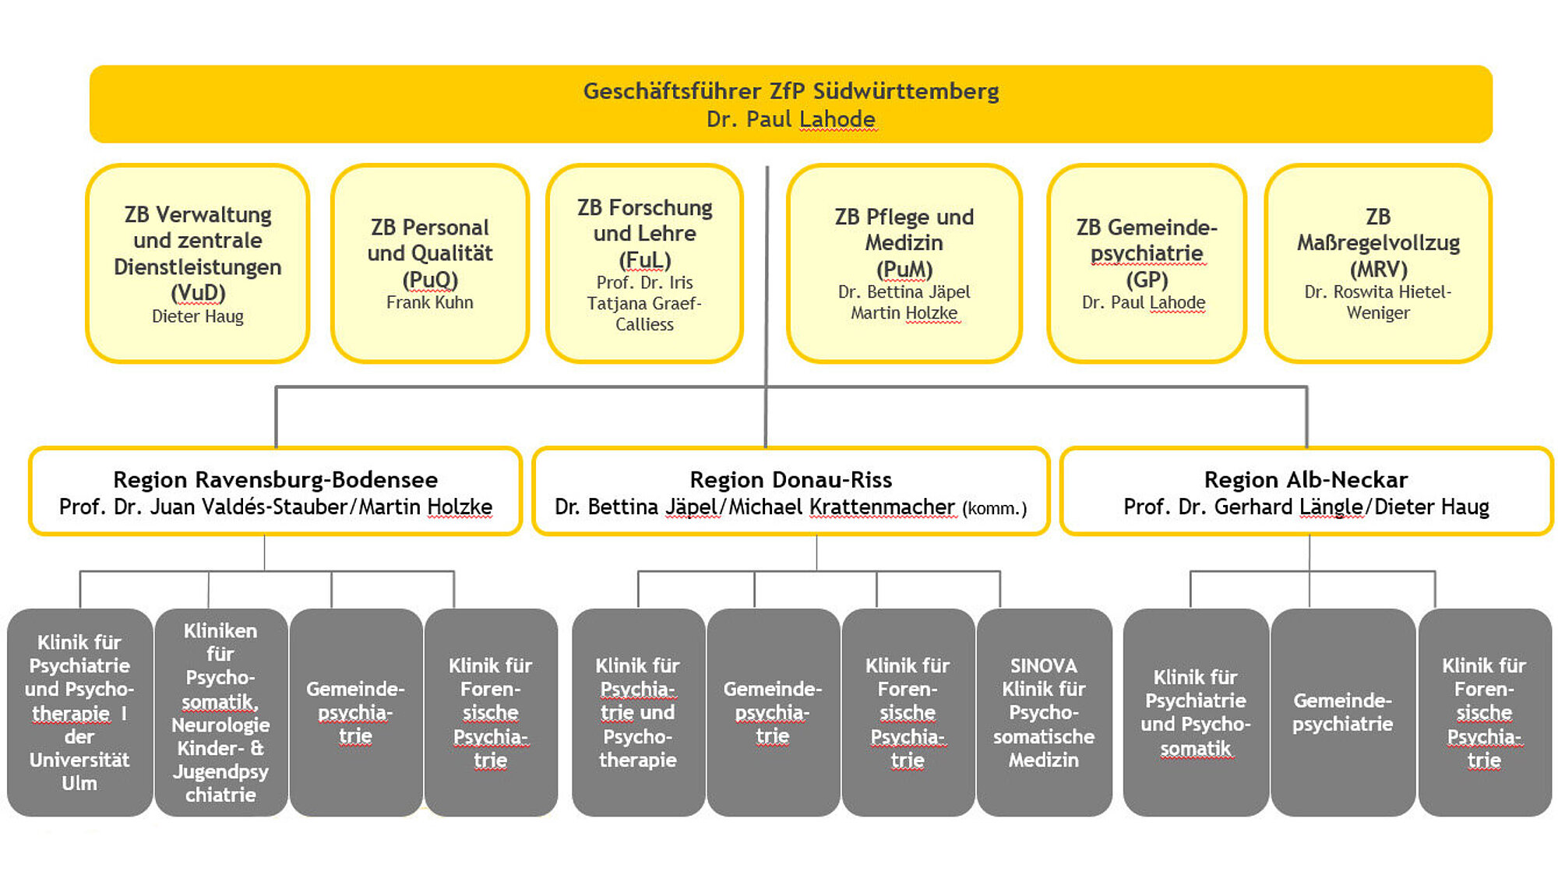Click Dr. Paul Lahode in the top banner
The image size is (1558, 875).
tap(791, 119)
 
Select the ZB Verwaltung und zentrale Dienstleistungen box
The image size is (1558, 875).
tap(198, 263)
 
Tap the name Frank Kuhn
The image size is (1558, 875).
tap(429, 302)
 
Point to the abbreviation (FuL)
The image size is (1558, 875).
tap(644, 259)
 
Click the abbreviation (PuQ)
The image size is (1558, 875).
tap(430, 279)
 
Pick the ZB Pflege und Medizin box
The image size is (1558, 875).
tap(904, 263)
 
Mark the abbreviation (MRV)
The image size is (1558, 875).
tap(1378, 269)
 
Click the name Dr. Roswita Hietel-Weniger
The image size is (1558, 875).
tap(1378, 302)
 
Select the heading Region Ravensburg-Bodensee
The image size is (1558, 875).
tap(275, 479)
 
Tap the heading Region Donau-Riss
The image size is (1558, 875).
tap(791, 479)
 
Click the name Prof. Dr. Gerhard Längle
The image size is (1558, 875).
tap(1243, 507)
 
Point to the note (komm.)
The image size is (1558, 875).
tap(995, 509)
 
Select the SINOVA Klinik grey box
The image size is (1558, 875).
tap(1044, 712)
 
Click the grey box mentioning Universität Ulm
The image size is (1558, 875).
tap(79, 712)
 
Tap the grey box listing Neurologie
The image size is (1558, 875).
tap(220, 712)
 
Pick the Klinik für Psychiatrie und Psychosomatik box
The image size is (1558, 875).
tap(1195, 712)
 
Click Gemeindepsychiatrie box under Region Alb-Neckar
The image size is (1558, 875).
tap(1342, 712)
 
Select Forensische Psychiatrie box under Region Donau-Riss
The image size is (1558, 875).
tap(908, 712)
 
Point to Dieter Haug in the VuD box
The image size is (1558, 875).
tap(198, 316)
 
